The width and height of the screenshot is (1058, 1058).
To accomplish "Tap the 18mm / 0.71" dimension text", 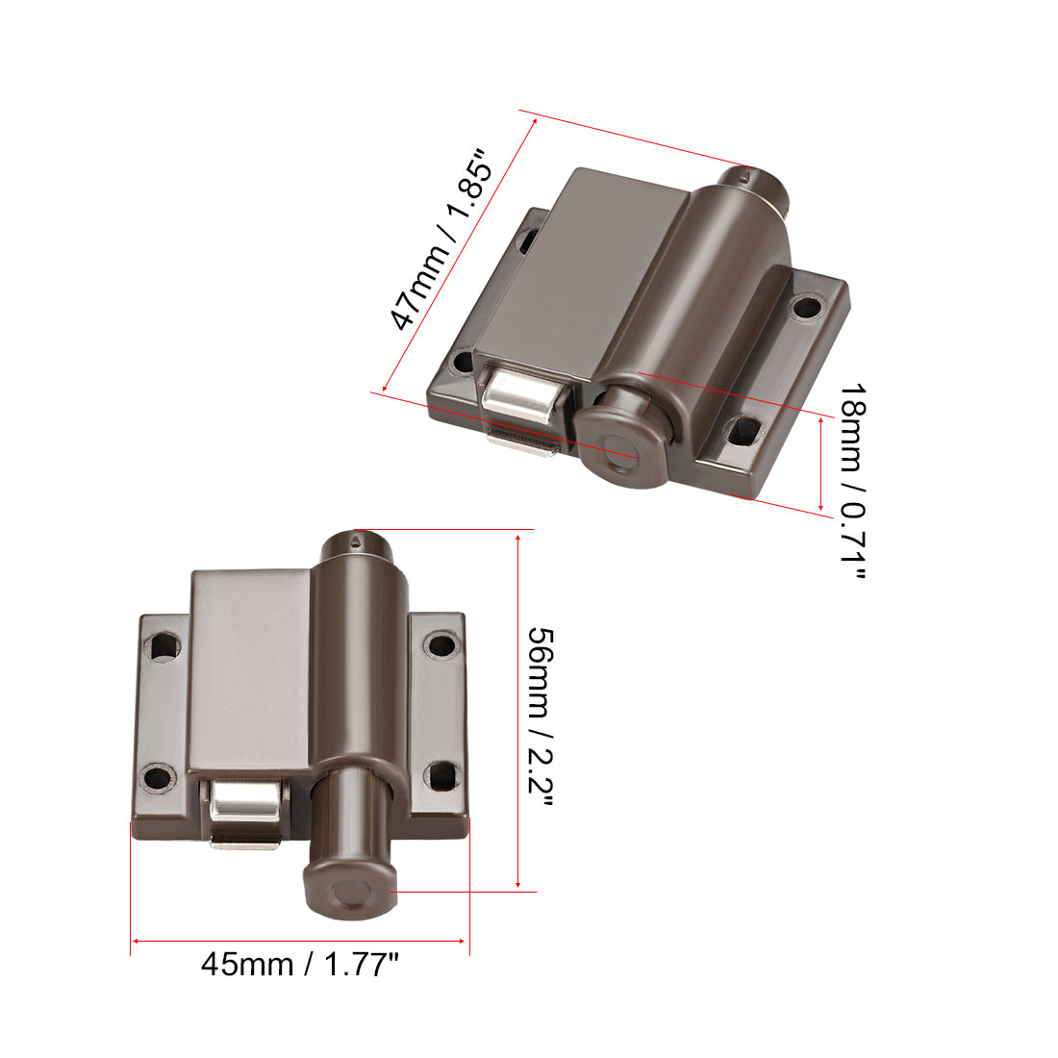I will [852, 481].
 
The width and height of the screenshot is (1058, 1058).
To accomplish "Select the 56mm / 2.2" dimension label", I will [541, 718].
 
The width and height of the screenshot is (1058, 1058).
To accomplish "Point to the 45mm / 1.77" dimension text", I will [299, 964].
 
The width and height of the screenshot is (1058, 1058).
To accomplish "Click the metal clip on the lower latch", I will [245, 806].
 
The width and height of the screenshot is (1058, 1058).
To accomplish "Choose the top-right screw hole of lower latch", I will [440, 644].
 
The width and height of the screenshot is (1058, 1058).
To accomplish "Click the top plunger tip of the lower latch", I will [357, 542].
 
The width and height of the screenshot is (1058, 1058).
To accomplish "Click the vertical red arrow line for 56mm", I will [518, 712].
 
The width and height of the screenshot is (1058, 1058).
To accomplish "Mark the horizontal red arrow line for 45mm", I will [299, 941].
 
